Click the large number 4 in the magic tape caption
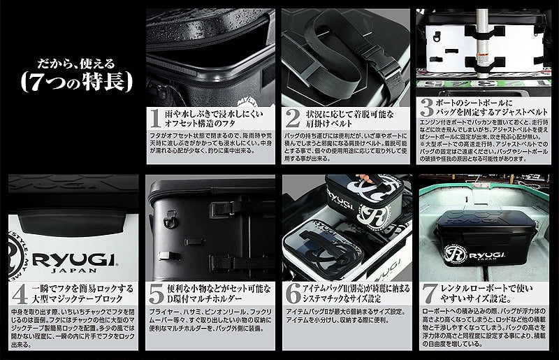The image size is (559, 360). (18, 290)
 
